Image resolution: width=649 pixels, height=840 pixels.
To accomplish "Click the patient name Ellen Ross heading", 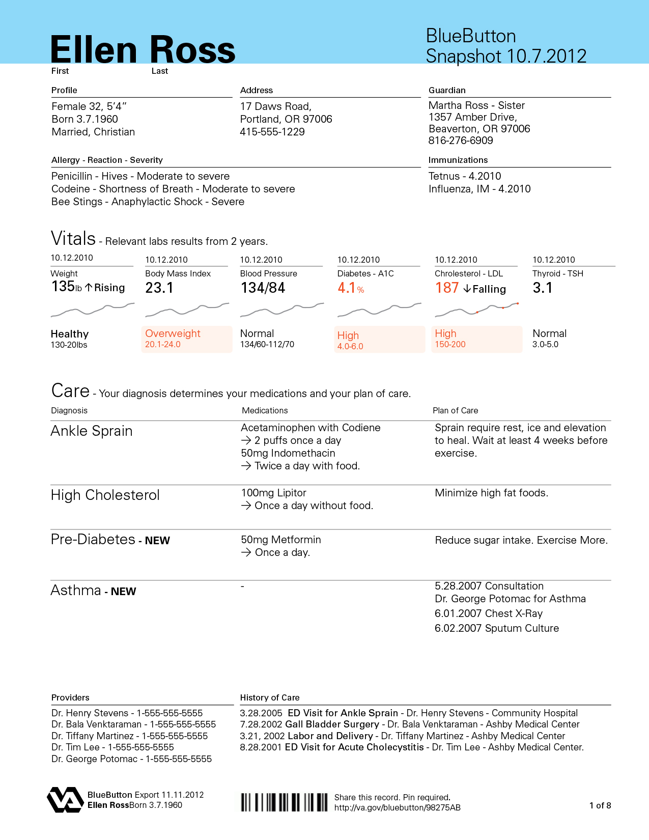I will [143, 50].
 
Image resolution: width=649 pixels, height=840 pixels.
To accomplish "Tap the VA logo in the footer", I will [65, 799].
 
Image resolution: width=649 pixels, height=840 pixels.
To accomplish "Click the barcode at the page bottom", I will [284, 802].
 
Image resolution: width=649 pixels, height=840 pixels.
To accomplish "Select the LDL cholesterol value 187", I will [447, 288].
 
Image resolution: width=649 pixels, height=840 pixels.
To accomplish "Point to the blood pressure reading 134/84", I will [263, 288].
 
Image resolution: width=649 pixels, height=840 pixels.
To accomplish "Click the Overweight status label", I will [173, 333].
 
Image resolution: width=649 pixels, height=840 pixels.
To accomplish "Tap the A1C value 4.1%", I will [350, 288].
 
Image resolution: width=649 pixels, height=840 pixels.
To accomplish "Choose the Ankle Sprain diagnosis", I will [92, 431].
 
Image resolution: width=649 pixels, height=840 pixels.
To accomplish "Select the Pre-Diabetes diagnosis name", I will [93, 540].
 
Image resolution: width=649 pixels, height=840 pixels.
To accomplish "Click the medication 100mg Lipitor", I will [274, 493].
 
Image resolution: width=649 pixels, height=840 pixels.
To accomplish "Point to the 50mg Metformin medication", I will [281, 540].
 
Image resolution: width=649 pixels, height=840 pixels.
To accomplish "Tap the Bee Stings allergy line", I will [148, 202].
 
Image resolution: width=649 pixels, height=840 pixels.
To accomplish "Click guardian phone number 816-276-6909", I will [461, 141].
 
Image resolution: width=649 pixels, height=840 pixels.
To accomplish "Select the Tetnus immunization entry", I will [465, 176].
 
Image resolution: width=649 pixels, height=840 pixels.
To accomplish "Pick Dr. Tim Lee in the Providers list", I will [112, 747].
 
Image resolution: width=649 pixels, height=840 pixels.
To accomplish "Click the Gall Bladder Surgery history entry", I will [332, 724].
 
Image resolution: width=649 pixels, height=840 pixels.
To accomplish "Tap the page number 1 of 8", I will [600, 805].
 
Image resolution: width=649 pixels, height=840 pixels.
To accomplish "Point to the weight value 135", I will [63, 287].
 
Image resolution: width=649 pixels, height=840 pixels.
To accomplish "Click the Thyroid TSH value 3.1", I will [543, 288].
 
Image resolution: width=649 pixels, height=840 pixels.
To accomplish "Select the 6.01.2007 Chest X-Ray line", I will [489, 613].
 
